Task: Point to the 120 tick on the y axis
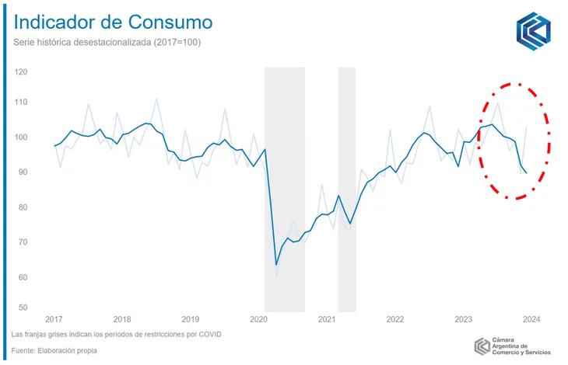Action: [x=21, y=72]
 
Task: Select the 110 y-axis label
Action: [x=21, y=103]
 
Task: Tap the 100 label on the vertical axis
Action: [x=21, y=137]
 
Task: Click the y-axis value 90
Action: [x=23, y=172]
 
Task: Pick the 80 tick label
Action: [x=23, y=207]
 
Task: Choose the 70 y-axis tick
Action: [x=23, y=242]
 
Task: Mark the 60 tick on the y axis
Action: [x=23, y=277]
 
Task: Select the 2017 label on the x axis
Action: [x=54, y=319]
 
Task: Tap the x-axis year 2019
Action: [x=191, y=319]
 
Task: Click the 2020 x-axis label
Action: [x=259, y=319]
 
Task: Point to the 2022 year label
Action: [x=395, y=319]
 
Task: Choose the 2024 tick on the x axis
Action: [x=531, y=319]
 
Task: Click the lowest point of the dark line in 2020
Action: [x=276, y=265]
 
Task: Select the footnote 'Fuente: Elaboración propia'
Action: [x=54, y=350]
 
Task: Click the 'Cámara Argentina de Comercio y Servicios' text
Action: [x=522, y=346]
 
